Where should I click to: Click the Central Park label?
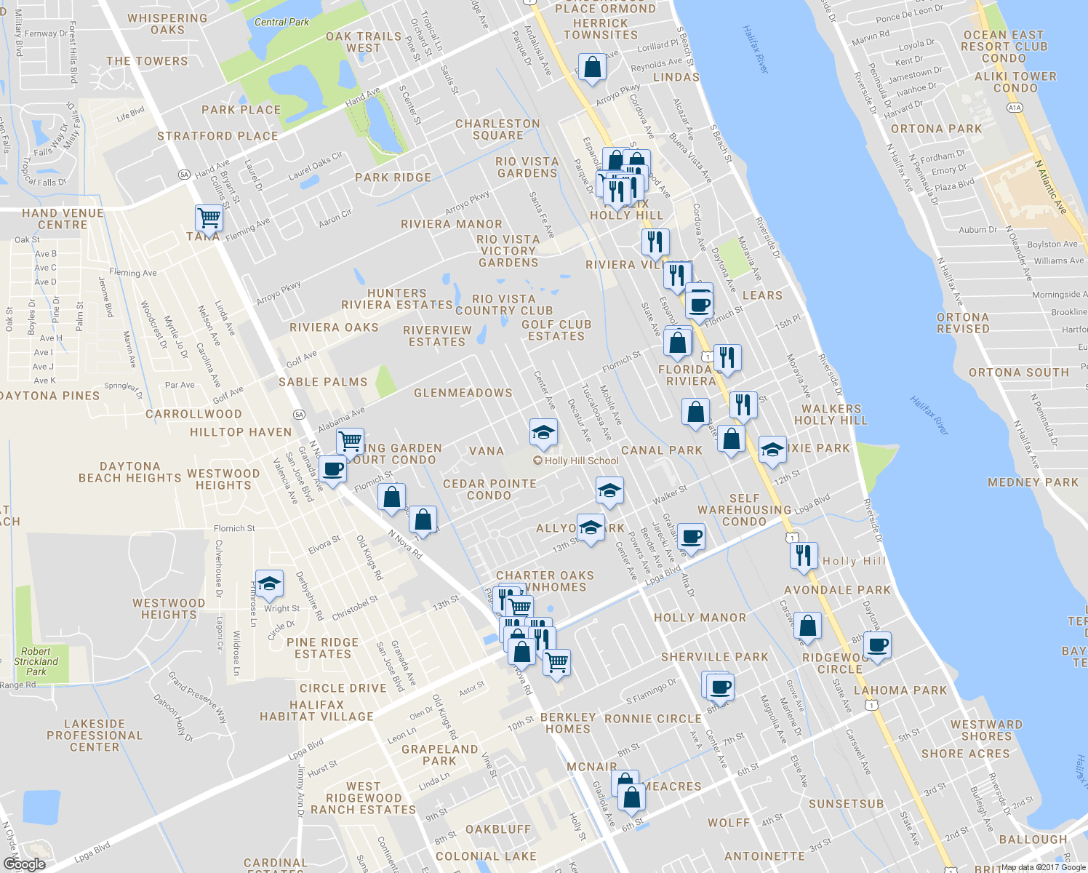point(281,23)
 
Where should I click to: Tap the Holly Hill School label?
point(581,461)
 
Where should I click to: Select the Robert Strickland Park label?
point(36,661)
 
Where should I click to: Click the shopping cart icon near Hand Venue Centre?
point(209,217)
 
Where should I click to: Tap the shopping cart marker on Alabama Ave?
point(351,440)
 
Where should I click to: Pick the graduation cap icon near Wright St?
point(269,583)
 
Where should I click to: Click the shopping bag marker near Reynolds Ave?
point(593,67)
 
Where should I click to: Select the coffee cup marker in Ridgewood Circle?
point(877,645)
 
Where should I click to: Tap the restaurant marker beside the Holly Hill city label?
point(803,556)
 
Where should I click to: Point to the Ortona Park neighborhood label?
point(936,129)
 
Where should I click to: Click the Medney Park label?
point(1033,482)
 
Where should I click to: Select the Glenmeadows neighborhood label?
point(463,393)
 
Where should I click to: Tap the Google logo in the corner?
point(24,864)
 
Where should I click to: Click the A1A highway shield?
point(1015,108)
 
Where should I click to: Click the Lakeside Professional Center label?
point(95,736)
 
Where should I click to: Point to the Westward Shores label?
point(986,730)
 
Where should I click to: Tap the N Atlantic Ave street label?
point(1051,187)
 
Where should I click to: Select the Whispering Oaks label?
point(167,24)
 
